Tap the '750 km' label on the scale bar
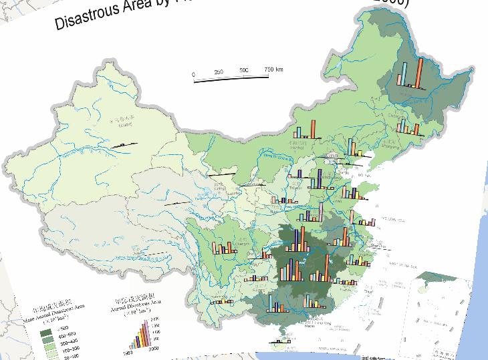273,69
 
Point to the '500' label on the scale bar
243,71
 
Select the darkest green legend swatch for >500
46,333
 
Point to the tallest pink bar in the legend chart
147,330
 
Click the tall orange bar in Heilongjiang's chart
419,72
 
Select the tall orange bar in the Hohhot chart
311,128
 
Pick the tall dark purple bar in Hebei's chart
321,178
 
